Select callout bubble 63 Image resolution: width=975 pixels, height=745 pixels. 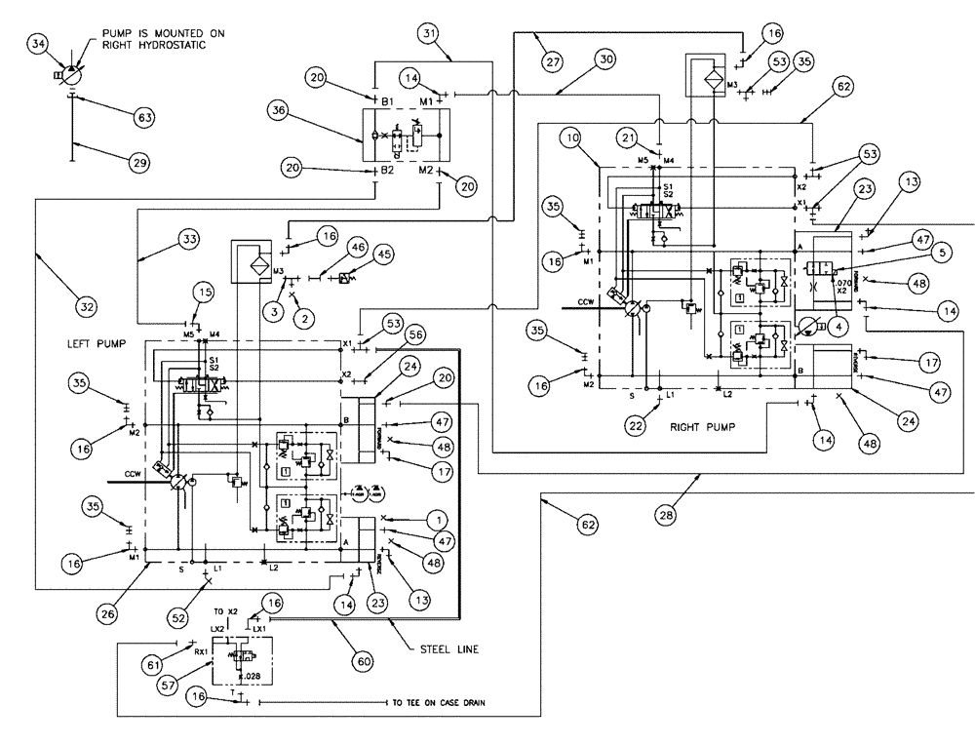(x=144, y=118)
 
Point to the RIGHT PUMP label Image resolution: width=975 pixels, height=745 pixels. (x=701, y=426)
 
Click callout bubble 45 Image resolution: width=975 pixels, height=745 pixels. (x=385, y=255)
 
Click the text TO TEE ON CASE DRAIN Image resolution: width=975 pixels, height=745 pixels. (x=438, y=701)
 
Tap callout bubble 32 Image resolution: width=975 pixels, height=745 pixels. (x=88, y=306)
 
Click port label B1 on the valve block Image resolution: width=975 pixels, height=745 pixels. (x=387, y=100)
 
